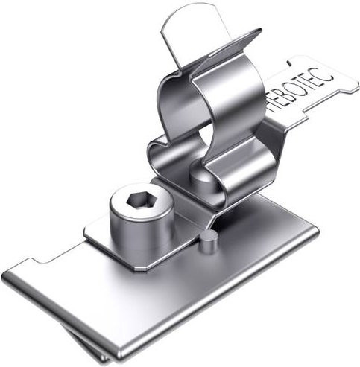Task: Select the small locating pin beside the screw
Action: pyautogui.click(x=209, y=241)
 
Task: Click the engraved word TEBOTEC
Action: pyautogui.click(x=301, y=89)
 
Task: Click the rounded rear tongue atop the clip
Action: pyautogui.click(x=189, y=32)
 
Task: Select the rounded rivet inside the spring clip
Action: pyautogui.click(x=202, y=177)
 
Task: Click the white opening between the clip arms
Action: pyautogui.click(x=206, y=136)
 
